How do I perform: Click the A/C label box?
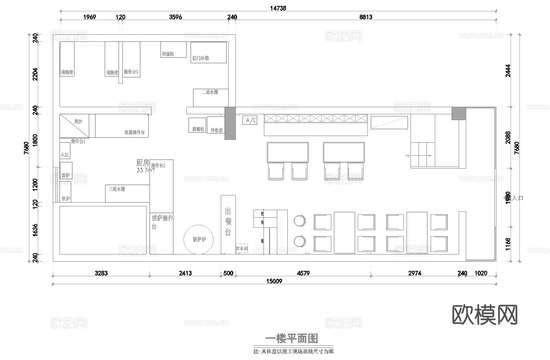coord(250,121)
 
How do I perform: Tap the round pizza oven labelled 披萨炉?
coord(199,239)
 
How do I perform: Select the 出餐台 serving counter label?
coord(228,222)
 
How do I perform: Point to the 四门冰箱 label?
coord(200,59)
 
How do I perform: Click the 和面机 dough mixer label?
coord(168,54)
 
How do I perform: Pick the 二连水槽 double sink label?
coord(209,92)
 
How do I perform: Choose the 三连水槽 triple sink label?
coord(116,189)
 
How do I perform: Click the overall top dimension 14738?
coord(278,8)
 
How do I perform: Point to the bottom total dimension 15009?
coord(274,281)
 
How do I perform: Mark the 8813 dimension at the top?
coord(366,17)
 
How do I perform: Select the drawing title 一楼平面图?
coord(293,338)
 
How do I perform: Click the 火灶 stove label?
coord(65,155)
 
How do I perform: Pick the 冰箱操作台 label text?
coord(134,133)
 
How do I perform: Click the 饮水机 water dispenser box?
coord(242,249)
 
